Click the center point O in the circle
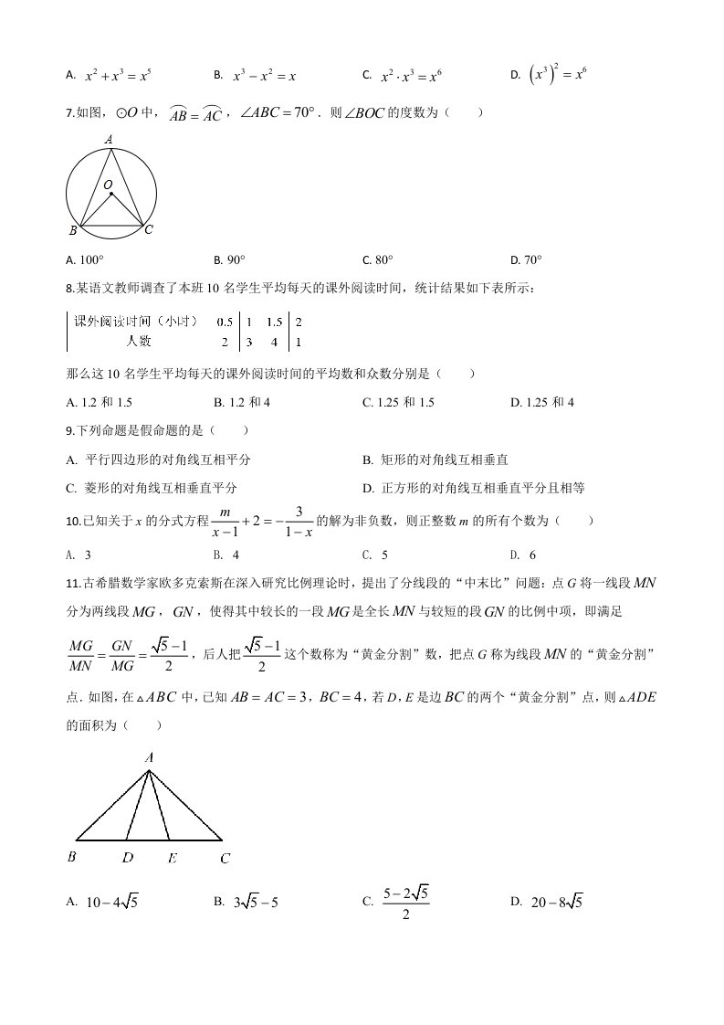(111, 193)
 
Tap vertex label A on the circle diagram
(109, 140)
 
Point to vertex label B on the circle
(73, 230)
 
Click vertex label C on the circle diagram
(149, 230)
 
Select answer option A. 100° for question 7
(86, 259)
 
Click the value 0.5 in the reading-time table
(224, 322)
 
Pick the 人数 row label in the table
(139, 342)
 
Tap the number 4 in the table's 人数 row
(273, 342)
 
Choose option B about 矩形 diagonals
(435, 459)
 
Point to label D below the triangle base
(128, 858)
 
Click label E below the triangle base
(173, 858)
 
